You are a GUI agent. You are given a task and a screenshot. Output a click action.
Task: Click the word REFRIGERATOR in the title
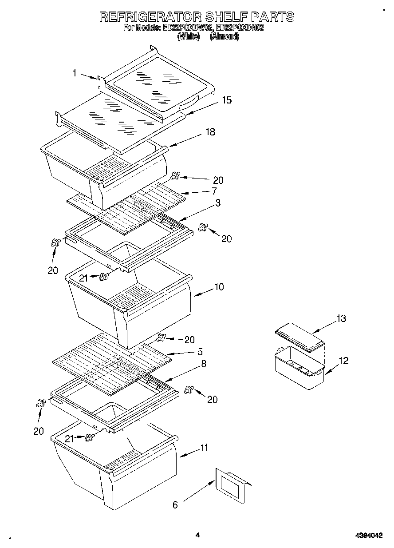pyautogui.click(x=150, y=17)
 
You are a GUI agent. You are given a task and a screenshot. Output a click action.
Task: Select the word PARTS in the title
pyautogui.click(x=272, y=17)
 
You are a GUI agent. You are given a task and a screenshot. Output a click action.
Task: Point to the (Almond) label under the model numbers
pyautogui.click(x=225, y=37)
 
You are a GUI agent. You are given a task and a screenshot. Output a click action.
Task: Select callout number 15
pyautogui.click(x=226, y=100)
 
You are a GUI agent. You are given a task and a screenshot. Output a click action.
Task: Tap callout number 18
pyautogui.click(x=210, y=132)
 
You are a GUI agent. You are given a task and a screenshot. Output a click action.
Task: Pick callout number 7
pyautogui.click(x=214, y=191)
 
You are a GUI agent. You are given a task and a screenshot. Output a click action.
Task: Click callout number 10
pyautogui.click(x=219, y=287)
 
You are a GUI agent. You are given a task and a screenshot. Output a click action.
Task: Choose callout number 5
pyautogui.click(x=200, y=352)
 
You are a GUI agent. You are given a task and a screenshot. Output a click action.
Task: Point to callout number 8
pyautogui.click(x=203, y=364)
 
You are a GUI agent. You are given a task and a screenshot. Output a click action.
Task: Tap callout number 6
pyautogui.click(x=175, y=505)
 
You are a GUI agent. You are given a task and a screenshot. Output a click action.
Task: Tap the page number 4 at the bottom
pyautogui.click(x=198, y=536)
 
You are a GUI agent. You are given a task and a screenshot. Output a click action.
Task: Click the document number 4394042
pyautogui.click(x=369, y=536)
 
